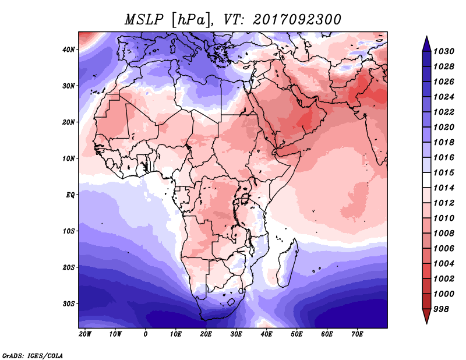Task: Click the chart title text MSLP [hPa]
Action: (168, 20)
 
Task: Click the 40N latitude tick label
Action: (69, 50)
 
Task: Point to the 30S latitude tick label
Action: (69, 304)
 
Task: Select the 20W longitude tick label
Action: (85, 334)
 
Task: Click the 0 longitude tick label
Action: (145, 334)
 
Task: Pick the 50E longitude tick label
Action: (296, 334)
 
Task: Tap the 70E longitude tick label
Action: (357, 334)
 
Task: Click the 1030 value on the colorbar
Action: (444, 51)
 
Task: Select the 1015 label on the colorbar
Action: (444, 172)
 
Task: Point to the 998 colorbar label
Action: (441, 309)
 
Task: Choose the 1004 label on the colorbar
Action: (444, 264)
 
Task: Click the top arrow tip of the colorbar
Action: (426, 36)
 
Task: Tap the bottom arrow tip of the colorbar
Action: (426, 324)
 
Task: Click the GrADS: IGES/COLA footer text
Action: (33, 356)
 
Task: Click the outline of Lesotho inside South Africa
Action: (231, 303)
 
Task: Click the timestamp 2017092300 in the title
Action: (297, 20)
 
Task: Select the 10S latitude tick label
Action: (69, 231)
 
